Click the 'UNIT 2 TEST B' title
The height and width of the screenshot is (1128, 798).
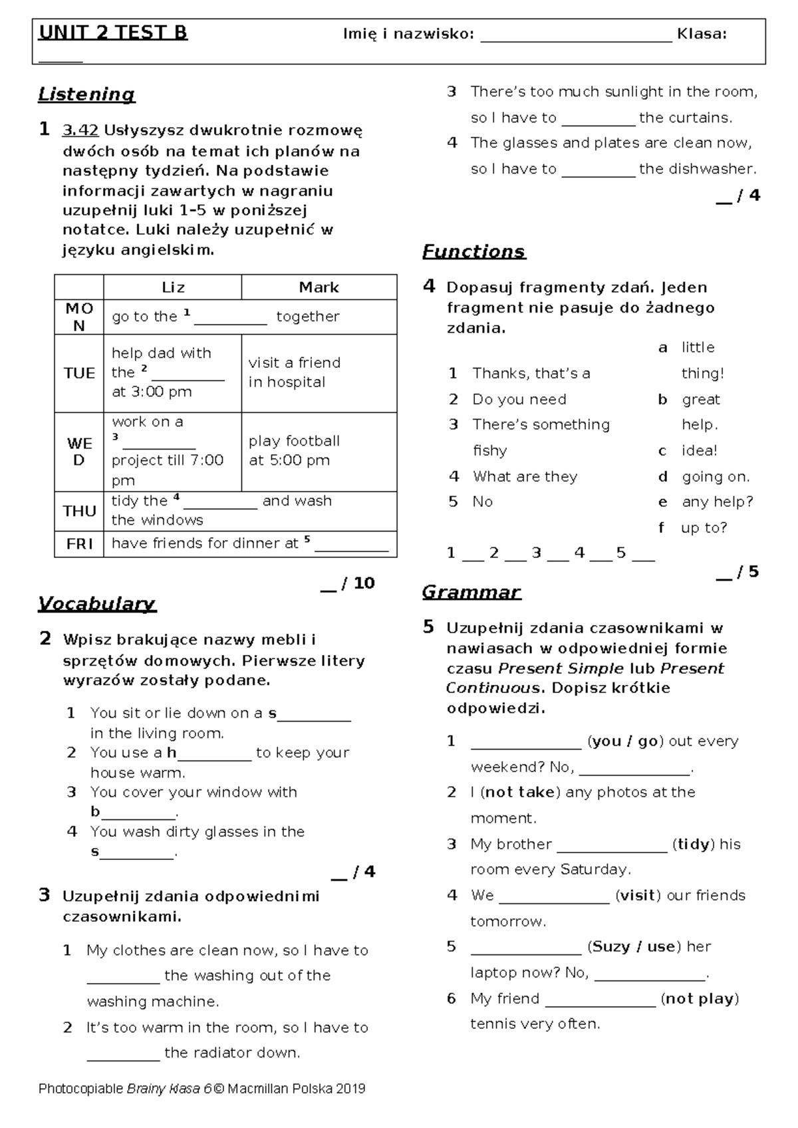[x=113, y=33]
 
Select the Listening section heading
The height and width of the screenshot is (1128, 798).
[x=86, y=94]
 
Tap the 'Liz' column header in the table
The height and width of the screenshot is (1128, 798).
[x=173, y=287]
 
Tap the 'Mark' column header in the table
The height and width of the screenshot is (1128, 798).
[x=319, y=287]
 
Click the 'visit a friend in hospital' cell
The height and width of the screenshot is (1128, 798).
[x=294, y=372]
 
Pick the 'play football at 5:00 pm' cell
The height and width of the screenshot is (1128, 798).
[x=294, y=450]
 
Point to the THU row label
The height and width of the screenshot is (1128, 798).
[x=79, y=511]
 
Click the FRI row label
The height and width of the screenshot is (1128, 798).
[x=79, y=543]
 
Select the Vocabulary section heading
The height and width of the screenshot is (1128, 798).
[x=97, y=603]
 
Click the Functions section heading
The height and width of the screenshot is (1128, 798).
[x=473, y=251]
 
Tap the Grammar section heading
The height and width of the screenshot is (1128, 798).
[x=471, y=592]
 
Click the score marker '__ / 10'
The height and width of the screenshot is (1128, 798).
[x=348, y=583]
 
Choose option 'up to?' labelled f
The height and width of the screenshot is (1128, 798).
[x=704, y=527]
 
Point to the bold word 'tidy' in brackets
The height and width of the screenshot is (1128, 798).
[x=693, y=844]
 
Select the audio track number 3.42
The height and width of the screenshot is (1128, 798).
[x=80, y=130]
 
